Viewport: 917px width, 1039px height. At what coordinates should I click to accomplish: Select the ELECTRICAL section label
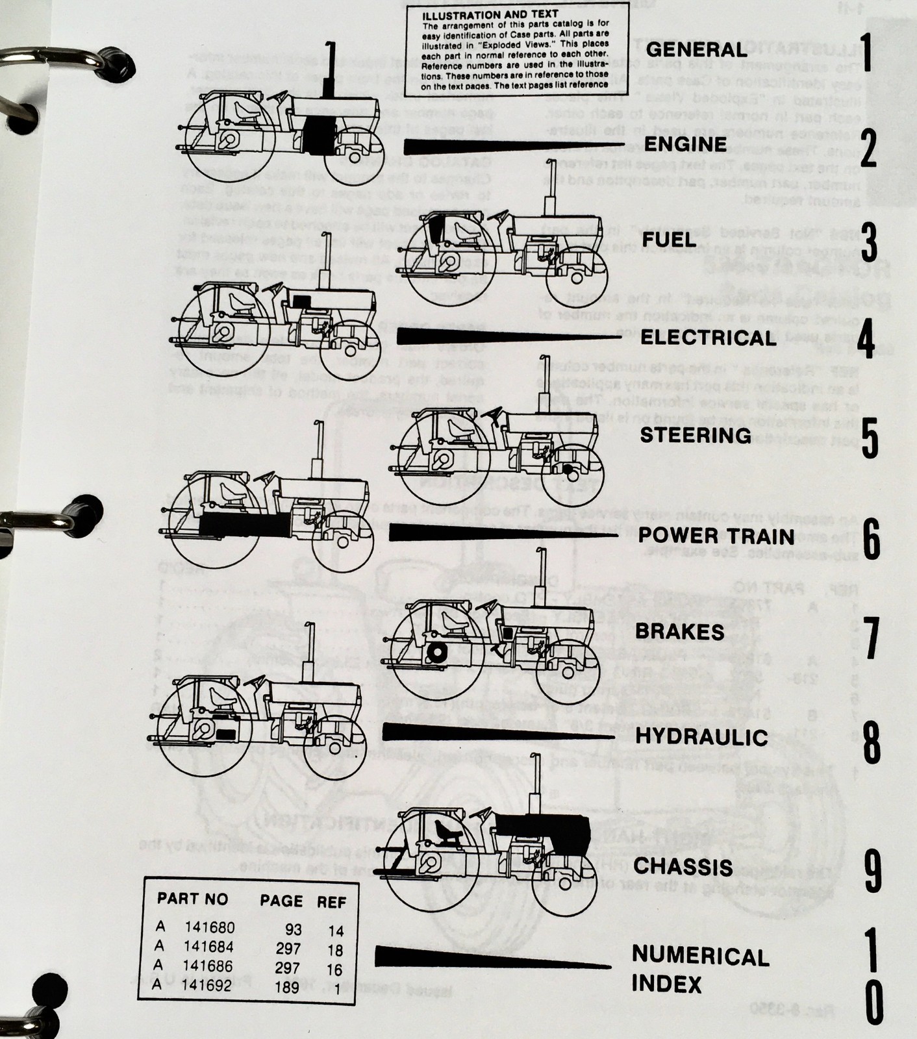click(x=708, y=338)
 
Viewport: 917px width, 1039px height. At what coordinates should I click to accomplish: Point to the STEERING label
click(x=696, y=434)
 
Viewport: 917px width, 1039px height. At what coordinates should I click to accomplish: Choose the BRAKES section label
click(x=680, y=632)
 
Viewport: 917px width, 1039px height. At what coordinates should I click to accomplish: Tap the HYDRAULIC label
click(x=701, y=736)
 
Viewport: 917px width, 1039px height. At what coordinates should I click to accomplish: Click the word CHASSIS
click(x=683, y=866)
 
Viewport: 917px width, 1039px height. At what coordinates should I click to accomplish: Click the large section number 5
click(x=869, y=438)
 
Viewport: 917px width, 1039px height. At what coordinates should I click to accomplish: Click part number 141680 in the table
click(x=209, y=928)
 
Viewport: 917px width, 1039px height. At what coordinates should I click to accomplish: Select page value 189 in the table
click(x=287, y=987)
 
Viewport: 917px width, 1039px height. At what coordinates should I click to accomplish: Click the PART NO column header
click(x=193, y=899)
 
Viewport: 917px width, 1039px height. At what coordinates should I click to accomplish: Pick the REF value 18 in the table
click(x=335, y=950)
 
